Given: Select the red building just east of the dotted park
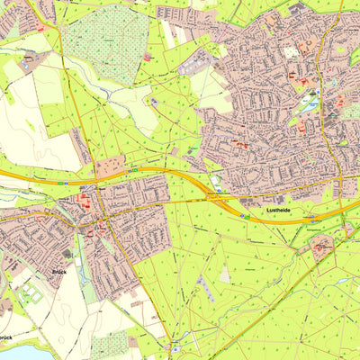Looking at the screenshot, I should (x=146, y=57).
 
